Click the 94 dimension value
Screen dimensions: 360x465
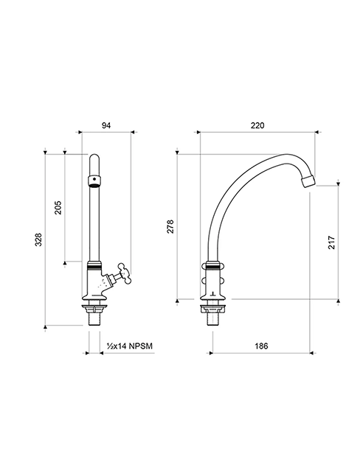(x=106, y=125)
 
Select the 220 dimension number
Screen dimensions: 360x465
(x=257, y=125)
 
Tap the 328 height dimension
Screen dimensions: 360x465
(x=39, y=240)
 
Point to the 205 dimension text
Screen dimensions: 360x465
(x=58, y=208)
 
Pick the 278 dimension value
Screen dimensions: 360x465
(x=170, y=226)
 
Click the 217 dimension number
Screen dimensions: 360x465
(x=331, y=242)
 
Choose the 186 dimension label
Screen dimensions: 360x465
(x=261, y=346)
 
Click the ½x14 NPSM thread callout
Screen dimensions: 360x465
(x=129, y=346)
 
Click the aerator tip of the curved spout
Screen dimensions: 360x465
(x=308, y=181)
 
